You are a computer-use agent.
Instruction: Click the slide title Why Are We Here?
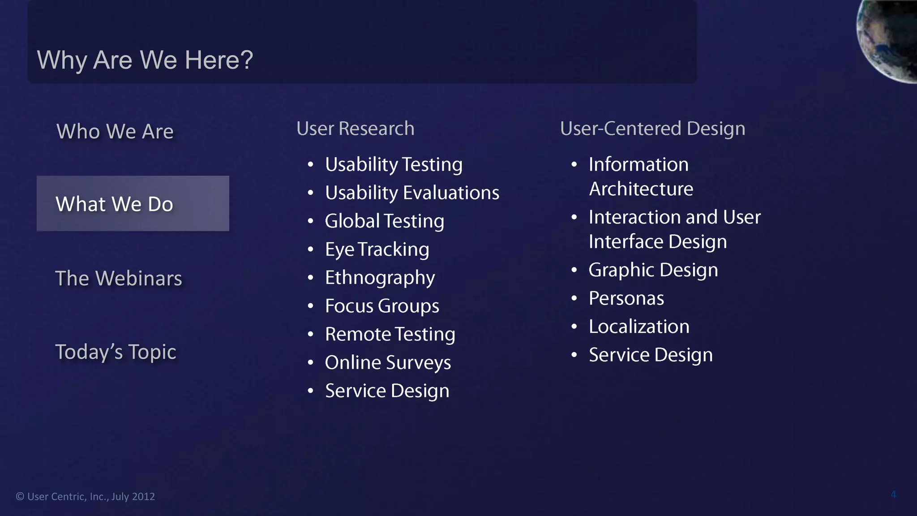click(x=145, y=60)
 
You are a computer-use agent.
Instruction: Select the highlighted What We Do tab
click(x=133, y=204)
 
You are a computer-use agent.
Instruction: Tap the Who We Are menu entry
click(x=115, y=132)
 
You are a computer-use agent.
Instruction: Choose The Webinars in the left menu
click(x=119, y=279)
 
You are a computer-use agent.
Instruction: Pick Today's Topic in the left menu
click(x=116, y=352)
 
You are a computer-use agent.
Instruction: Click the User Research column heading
click(x=355, y=129)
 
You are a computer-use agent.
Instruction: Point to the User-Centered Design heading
click(x=652, y=129)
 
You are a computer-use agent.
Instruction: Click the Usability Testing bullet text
click(x=394, y=165)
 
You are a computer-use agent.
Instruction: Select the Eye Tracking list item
click(x=377, y=249)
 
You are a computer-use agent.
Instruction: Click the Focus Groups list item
click(x=382, y=306)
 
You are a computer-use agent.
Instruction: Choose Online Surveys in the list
click(x=388, y=363)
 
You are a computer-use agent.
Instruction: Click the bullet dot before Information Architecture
click(x=574, y=165)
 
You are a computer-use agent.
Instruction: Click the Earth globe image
click(x=889, y=38)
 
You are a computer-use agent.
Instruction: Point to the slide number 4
click(x=893, y=494)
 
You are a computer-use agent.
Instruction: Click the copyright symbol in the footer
click(x=20, y=497)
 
